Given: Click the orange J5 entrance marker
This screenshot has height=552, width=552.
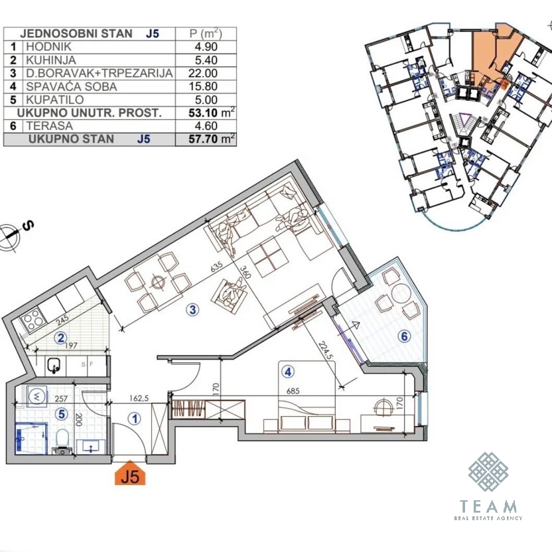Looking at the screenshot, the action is tap(130, 473).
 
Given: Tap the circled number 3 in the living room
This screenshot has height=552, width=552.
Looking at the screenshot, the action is tap(192, 310).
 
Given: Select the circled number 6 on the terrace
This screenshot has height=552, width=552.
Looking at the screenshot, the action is tap(404, 336).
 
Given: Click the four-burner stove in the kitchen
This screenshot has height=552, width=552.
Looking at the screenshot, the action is tap(33, 319).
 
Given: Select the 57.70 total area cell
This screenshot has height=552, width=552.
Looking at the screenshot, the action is tap(212, 139).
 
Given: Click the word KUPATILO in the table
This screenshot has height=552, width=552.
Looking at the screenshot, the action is tap(55, 100).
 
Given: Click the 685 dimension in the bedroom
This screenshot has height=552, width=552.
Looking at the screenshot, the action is tap(293, 391).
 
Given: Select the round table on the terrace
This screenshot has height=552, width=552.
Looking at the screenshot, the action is tap(400, 292).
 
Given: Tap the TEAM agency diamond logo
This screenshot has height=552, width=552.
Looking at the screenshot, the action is tap(488, 472).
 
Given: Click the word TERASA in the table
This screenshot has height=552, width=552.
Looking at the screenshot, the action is tap(49, 125).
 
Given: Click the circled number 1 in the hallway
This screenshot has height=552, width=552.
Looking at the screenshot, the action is tap(134, 419).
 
